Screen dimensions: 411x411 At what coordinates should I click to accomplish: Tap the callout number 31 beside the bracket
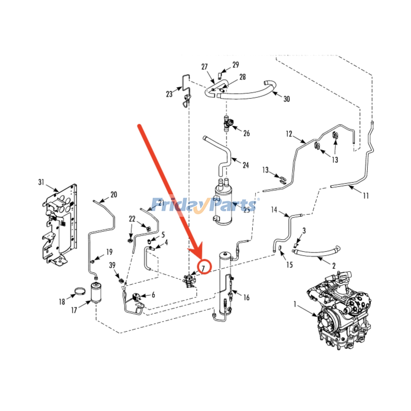[x=41, y=182]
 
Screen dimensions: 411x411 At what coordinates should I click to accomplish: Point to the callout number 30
[x=287, y=99]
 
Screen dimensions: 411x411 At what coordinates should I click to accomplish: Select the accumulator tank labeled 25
[x=223, y=206]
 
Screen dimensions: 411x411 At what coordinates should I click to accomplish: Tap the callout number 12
[x=289, y=134]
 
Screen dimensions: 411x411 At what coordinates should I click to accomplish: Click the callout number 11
[x=366, y=196]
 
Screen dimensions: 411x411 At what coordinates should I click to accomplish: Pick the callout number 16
[x=246, y=297]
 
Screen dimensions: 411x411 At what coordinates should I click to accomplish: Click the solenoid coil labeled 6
[x=136, y=298]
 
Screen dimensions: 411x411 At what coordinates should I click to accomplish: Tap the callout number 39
[x=112, y=265]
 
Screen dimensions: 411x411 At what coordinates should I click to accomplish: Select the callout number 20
[x=114, y=194]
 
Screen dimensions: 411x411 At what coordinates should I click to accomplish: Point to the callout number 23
[x=169, y=94]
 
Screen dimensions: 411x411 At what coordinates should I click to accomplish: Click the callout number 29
[x=236, y=65]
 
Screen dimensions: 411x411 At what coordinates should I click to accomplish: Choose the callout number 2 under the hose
[x=334, y=266]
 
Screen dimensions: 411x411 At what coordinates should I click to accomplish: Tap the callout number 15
[x=289, y=265]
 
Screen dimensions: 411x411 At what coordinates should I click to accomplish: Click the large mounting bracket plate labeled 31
[x=60, y=223]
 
